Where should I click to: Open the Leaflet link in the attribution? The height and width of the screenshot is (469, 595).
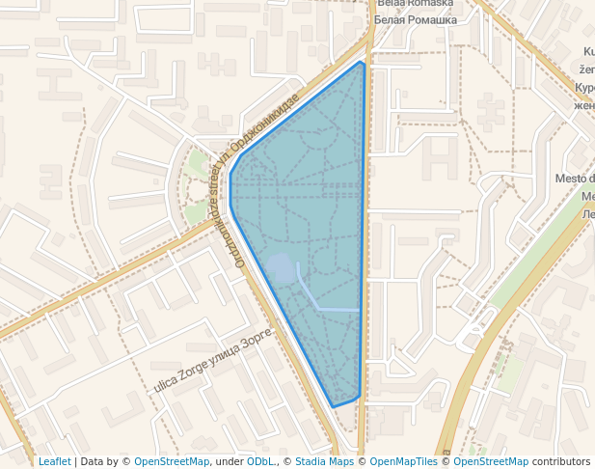coord(54,462)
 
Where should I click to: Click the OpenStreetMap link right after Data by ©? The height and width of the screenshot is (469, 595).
coord(172,462)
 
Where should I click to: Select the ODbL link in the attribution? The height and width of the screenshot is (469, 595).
coord(260,462)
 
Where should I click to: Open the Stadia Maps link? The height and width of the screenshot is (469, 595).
coord(324,462)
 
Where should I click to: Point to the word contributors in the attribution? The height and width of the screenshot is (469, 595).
coord(560,462)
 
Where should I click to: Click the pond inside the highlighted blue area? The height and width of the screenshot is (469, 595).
coord(281,269)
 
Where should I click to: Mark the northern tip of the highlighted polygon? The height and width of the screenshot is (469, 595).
coord(361,63)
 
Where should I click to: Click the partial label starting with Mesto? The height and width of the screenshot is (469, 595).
coord(575,179)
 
